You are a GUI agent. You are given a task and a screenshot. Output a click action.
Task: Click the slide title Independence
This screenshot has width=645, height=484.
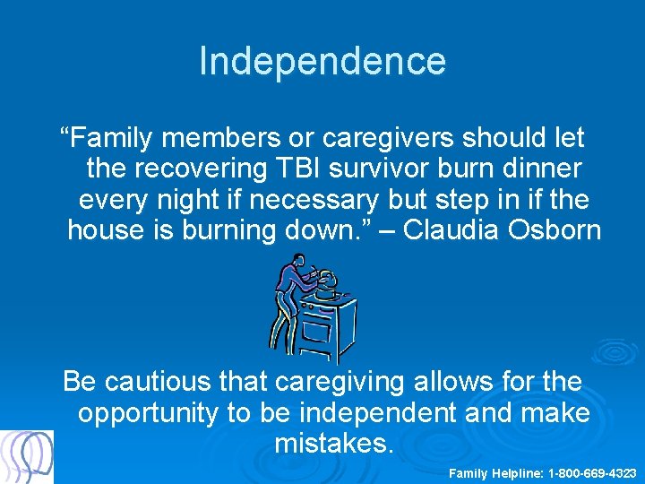322,61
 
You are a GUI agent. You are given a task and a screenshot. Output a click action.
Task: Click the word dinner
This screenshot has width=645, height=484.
532,169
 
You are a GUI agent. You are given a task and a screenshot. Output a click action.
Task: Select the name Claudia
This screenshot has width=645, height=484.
455,229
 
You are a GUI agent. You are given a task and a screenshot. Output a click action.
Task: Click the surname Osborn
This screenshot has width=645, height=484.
556,229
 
